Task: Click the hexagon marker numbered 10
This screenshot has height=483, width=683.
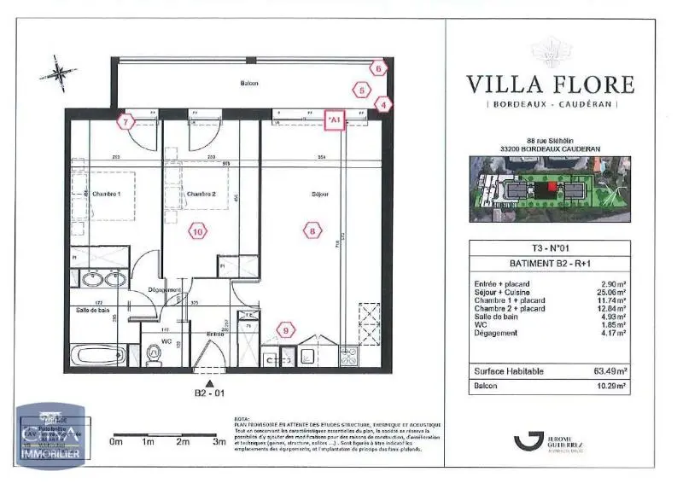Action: (197, 230)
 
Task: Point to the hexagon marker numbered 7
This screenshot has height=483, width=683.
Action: (126, 122)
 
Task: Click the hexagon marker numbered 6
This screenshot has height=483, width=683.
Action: (377, 67)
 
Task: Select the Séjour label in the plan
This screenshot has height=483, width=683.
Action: (320, 193)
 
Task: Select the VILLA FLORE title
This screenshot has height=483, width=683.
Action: (550, 84)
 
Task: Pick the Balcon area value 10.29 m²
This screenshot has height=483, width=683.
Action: (611, 387)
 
